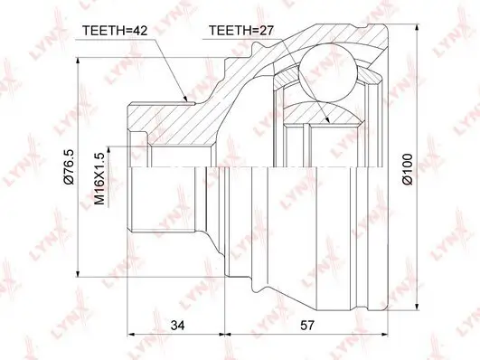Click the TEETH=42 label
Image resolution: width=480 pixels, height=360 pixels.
point(116,30)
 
